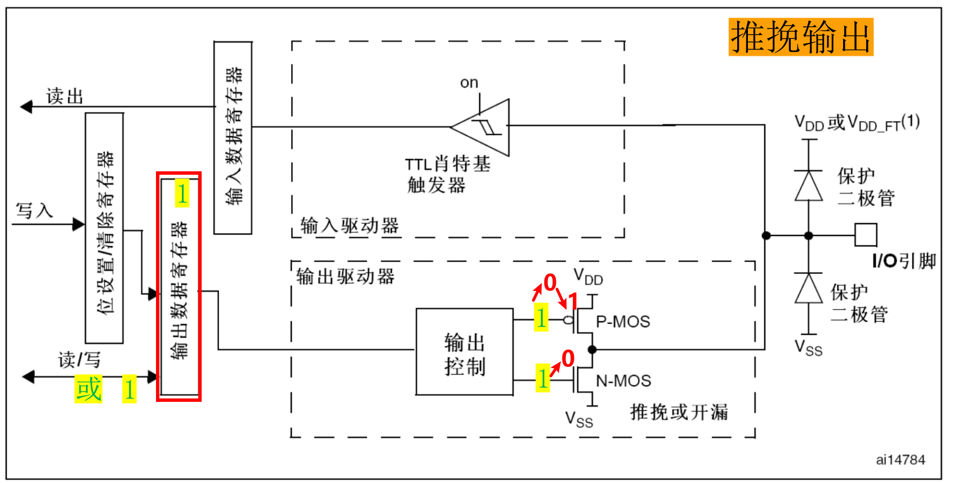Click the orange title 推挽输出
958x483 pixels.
(800, 37)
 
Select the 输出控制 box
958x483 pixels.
(465, 352)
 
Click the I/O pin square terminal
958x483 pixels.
(865, 235)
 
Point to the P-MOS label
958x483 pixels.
(623, 322)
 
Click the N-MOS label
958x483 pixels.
(623, 382)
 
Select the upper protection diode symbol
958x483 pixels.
(809, 186)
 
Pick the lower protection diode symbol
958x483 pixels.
(809, 289)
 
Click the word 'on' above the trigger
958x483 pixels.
(469, 83)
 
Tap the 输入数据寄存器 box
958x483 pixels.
(233, 138)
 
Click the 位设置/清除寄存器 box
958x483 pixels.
(104, 228)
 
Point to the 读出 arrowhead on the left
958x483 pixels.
(26, 107)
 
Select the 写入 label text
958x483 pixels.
(34, 211)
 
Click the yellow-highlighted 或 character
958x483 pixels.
(88, 389)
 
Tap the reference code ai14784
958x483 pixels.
(900, 460)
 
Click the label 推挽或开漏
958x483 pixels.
(679, 412)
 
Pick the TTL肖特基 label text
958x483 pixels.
(448, 164)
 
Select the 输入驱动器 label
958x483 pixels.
(349, 225)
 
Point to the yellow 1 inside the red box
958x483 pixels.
(181, 194)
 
